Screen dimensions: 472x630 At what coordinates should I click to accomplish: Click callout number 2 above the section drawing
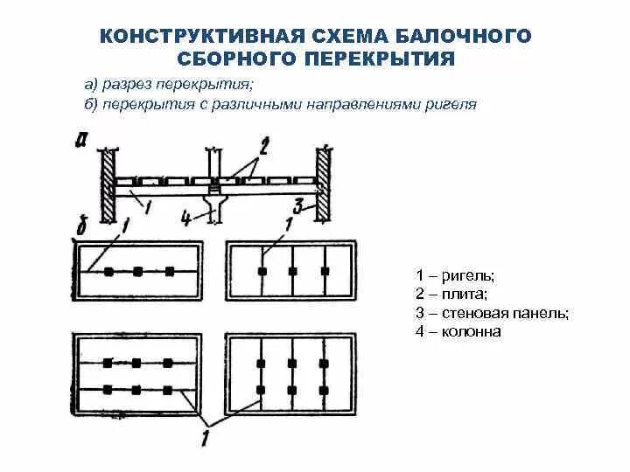tap(263, 142)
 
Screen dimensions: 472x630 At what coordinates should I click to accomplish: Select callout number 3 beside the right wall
tap(298, 206)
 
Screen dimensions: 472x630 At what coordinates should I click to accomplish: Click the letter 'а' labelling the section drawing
tap(80, 140)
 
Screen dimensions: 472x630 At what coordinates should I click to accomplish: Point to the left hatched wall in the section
tap(108, 184)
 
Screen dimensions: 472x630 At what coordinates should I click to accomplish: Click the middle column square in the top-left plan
tap(137, 272)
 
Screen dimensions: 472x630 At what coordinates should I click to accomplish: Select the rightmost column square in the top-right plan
tap(325, 272)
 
